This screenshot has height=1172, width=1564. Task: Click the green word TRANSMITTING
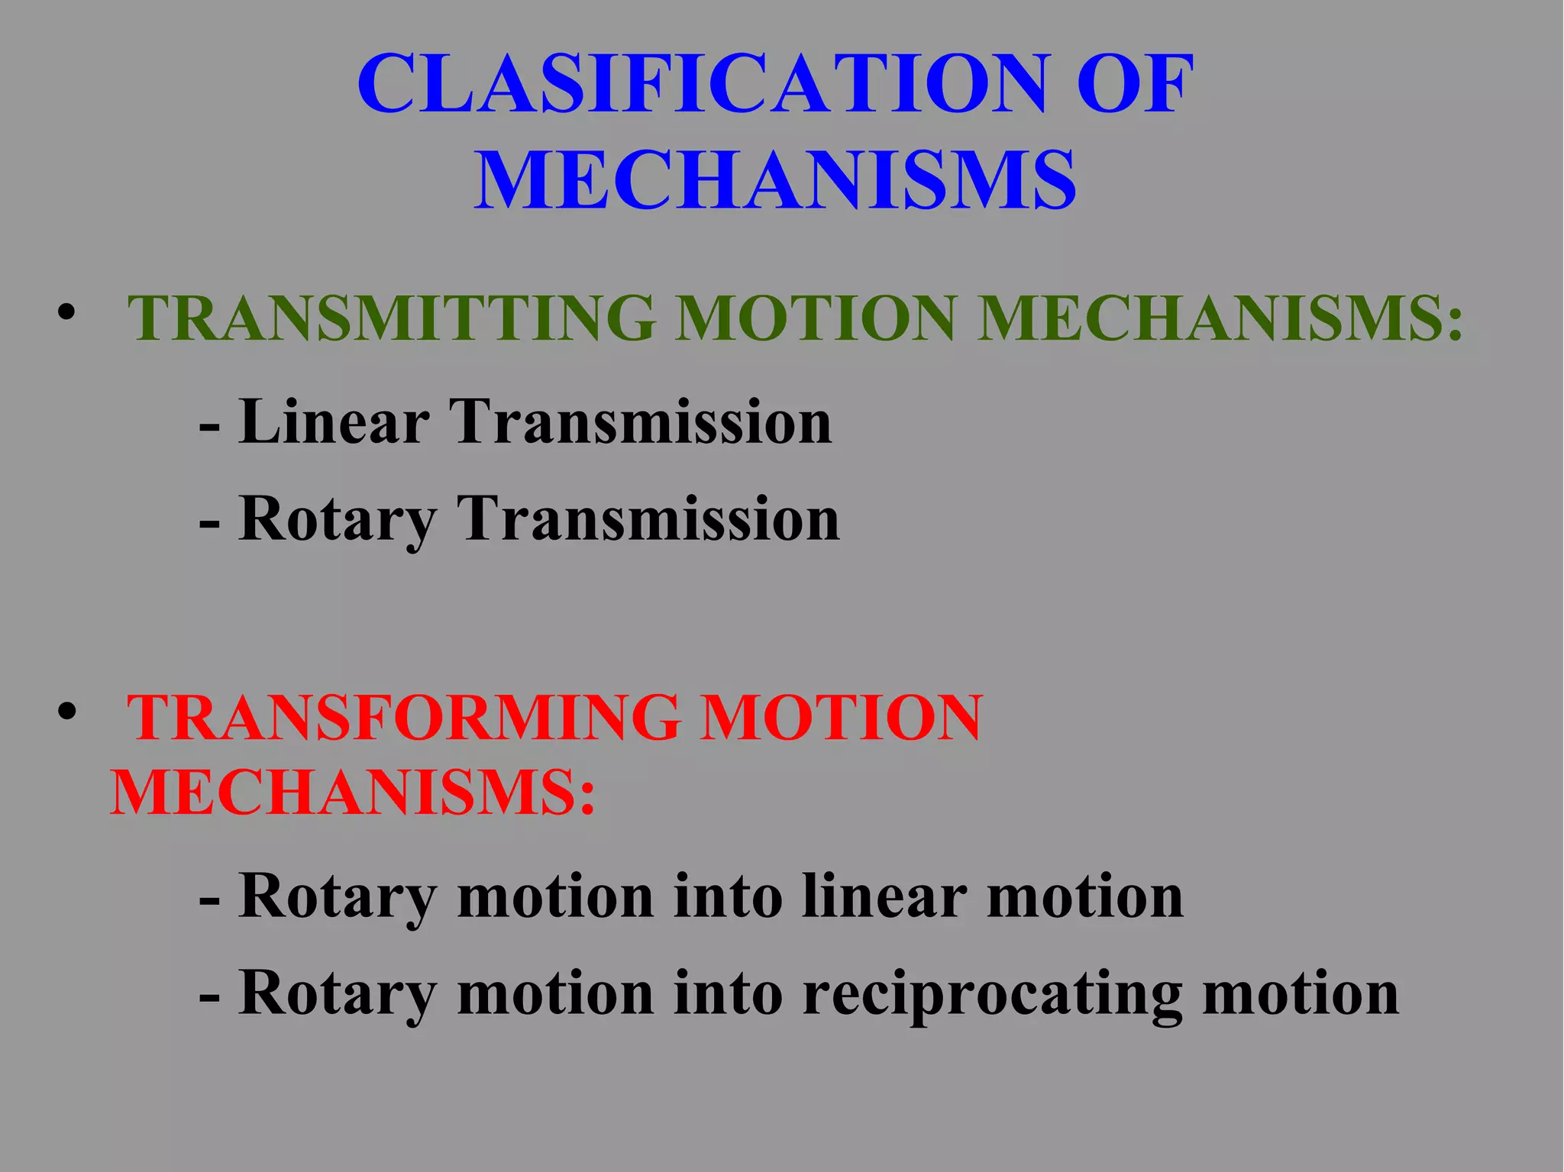(391, 318)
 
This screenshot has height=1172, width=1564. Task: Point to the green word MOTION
(815, 318)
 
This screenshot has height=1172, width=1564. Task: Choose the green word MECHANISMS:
(1220, 318)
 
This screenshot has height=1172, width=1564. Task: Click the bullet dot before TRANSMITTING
(66, 313)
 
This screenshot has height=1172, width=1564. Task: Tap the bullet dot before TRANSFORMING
(66, 712)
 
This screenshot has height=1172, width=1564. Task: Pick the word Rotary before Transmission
(337, 519)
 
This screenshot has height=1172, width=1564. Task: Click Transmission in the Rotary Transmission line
(648, 519)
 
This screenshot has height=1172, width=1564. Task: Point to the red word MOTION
(841, 718)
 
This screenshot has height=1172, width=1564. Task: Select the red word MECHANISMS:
(352, 793)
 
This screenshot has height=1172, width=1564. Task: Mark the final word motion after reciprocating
(1301, 994)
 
